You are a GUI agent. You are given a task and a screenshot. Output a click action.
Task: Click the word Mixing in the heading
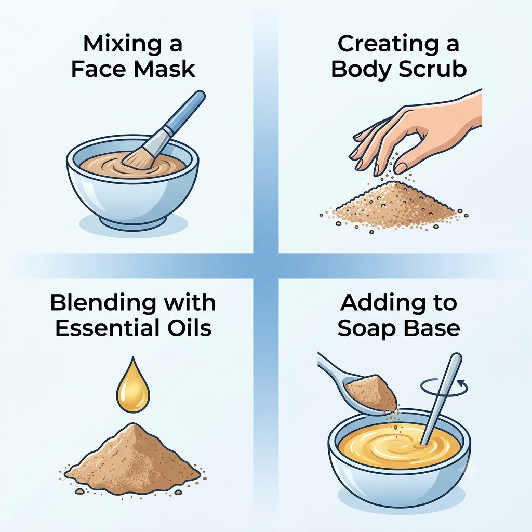(122, 45)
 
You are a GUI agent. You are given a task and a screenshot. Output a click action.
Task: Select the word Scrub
(432, 69)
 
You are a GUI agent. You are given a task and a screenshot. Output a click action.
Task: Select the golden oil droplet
(133, 385)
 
